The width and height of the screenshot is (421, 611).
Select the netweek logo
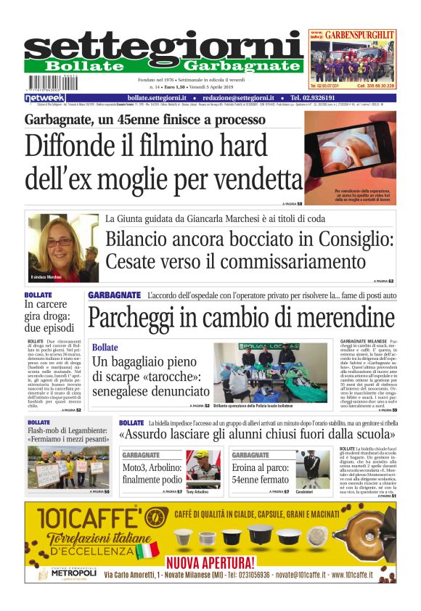(45, 98)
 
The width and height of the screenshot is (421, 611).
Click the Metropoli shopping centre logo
(66, 572)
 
